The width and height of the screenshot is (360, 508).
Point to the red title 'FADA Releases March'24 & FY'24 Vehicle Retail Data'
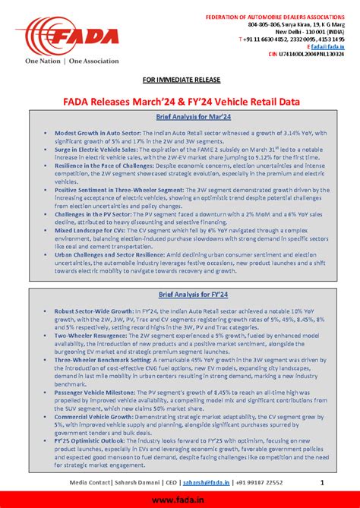[x=181, y=101]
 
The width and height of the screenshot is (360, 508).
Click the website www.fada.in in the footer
[x=180, y=499]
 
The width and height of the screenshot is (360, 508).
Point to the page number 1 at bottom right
[x=322, y=482]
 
